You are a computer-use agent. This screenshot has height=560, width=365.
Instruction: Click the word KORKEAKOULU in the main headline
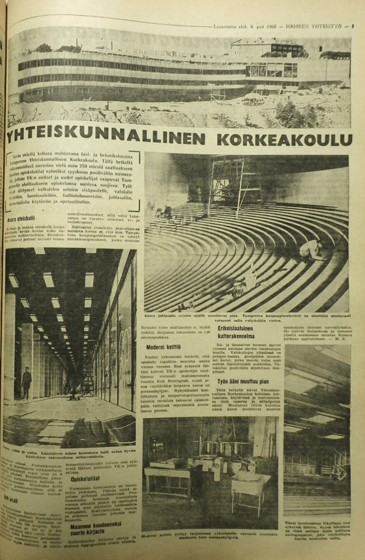(x=284, y=139)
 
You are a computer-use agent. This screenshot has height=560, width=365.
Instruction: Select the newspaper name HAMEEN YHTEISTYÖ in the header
(x=317, y=26)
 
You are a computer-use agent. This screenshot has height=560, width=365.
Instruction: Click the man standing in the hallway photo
(x=26, y=382)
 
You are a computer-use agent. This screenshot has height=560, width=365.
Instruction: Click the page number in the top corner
(x=352, y=26)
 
